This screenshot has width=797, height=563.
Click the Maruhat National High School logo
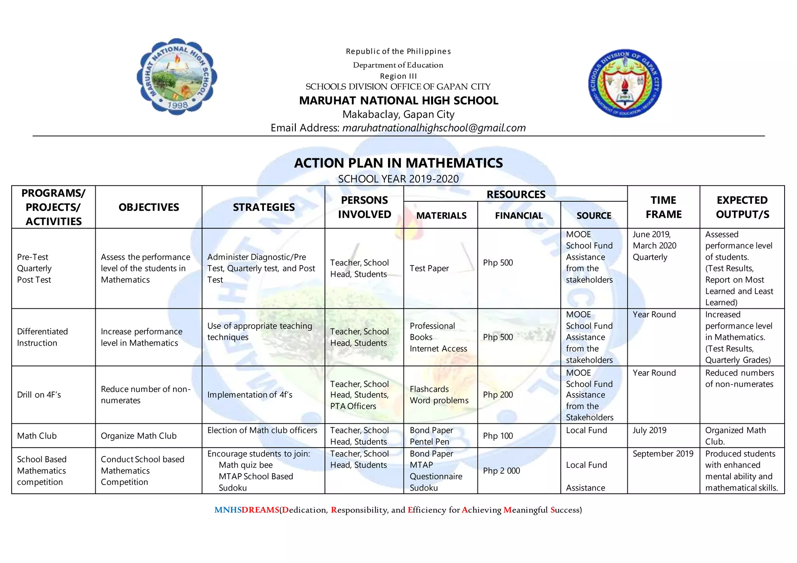coord(177,76)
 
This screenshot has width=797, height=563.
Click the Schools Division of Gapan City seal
coord(625,83)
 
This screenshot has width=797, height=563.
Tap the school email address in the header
coord(434,128)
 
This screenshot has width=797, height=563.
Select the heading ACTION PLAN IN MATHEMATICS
coord(398,163)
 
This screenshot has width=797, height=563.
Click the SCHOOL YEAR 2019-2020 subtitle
coord(398,179)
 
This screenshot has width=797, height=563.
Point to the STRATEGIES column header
coord(263,207)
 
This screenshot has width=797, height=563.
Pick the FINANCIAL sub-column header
coord(518,215)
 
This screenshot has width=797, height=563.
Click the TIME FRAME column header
coord(663,207)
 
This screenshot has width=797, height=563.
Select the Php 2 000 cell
coord(501,471)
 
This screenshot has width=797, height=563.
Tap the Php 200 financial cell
coord(498,395)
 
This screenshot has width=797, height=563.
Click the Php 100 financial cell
coord(498,436)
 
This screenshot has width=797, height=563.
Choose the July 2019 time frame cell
coord(649,430)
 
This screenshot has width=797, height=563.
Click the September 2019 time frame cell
coord(663,454)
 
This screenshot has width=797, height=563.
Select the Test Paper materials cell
coord(429,268)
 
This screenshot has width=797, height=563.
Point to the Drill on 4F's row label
coord(39,395)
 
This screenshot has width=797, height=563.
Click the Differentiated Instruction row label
coord(42,337)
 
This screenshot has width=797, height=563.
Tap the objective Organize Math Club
coord(139,436)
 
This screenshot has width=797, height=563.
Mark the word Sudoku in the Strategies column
coord(232,488)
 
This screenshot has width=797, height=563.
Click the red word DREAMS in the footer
coord(260,510)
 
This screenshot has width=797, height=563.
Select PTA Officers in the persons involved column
coord(353,406)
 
